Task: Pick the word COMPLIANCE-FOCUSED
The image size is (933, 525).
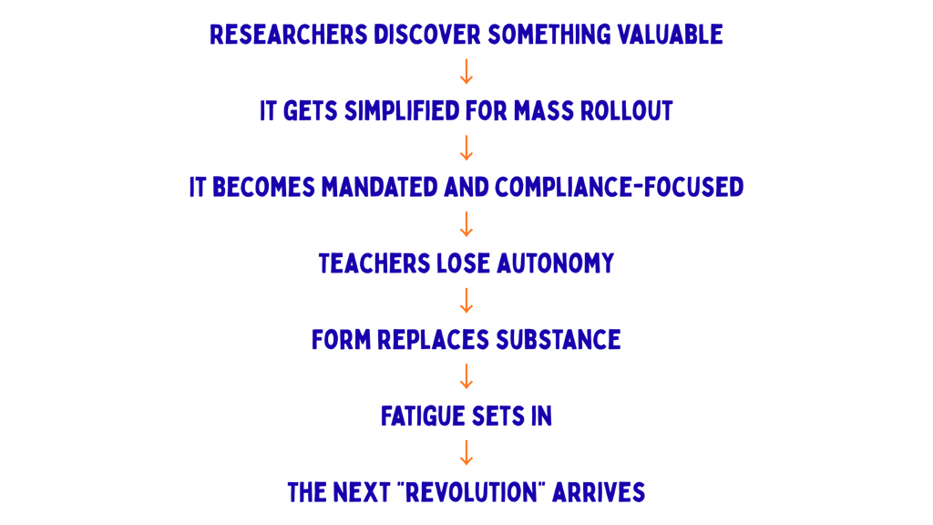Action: (619, 188)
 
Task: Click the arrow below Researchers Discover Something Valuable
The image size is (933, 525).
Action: (466, 72)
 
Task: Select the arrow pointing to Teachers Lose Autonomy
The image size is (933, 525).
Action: (466, 224)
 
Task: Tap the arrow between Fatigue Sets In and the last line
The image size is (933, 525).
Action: (466, 453)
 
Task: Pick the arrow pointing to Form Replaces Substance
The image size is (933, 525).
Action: (466, 301)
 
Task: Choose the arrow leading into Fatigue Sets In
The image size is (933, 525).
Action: (466, 377)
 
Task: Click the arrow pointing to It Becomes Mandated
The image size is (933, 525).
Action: (466, 149)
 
